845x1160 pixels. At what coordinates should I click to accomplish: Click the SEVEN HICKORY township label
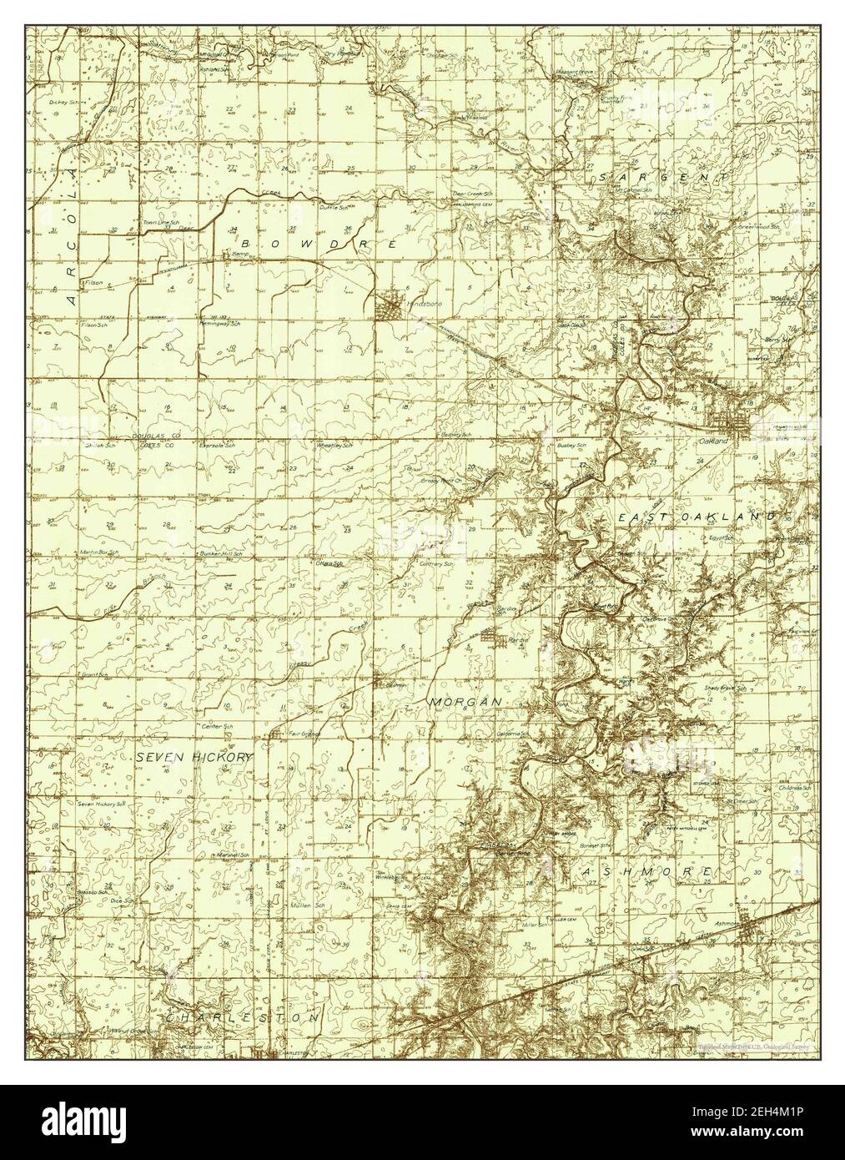(x=194, y=756)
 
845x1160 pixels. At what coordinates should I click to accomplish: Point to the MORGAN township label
(x=465, y=703)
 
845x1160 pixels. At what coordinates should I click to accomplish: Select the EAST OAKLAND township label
(x=697, y=517)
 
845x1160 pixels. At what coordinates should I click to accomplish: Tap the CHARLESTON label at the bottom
(x=242, y=1018)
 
